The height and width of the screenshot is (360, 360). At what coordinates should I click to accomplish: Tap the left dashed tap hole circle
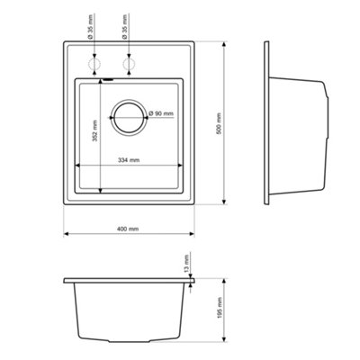pyautogui.click(x=94, y=66)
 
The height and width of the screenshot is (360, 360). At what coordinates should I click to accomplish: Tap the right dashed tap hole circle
pyautogui.click(x=125, y=66)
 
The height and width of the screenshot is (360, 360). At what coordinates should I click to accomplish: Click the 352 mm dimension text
pyautogui.click(x=94, y=135)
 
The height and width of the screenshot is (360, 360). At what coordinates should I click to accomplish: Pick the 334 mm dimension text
pyautogui.click(x=129, y=159)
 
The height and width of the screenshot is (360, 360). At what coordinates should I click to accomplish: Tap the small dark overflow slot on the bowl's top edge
pyautogui.click(x=106, y=80)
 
